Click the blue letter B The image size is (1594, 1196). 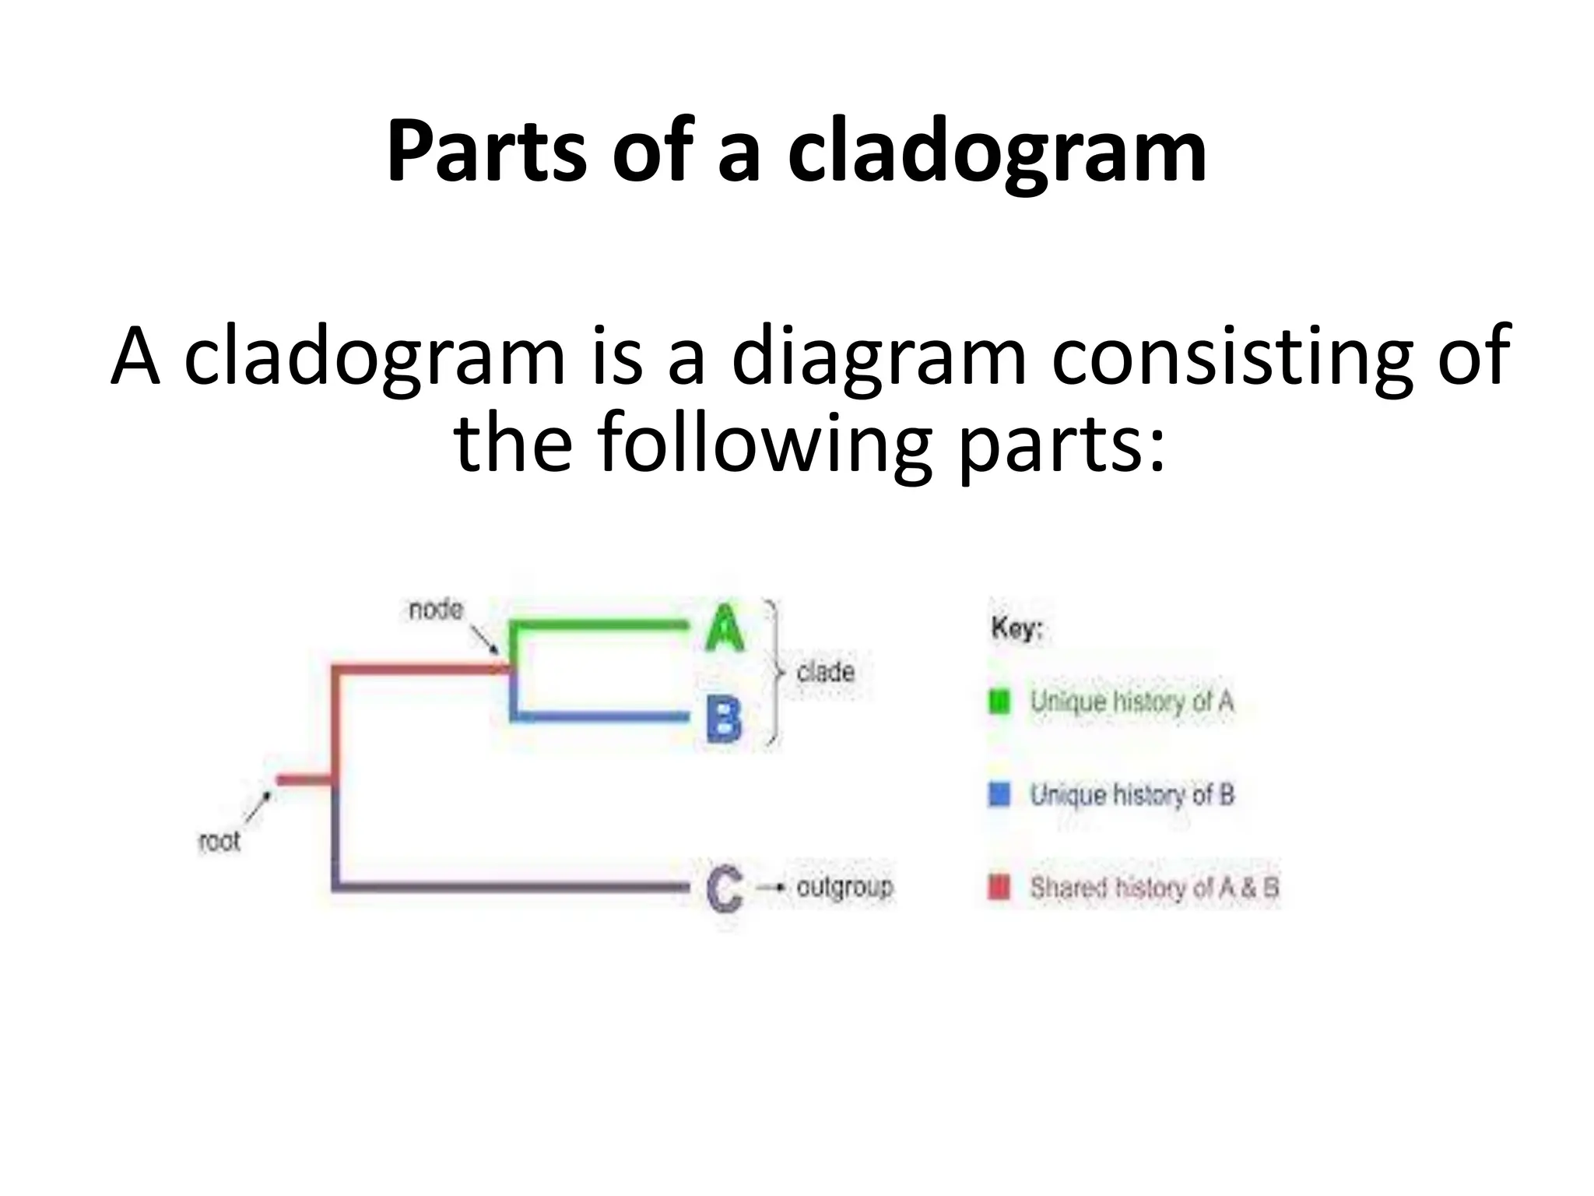(724, 718)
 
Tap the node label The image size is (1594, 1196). (436, 610)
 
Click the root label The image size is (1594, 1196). (219, 841)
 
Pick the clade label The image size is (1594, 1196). (825, 671)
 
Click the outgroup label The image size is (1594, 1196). (844, 887)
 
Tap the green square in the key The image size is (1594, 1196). (999, 702)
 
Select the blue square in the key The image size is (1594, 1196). (999, 795)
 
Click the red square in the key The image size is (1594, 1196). (999, 887)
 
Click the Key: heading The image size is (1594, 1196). (1016, 628)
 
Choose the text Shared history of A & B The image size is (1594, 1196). (1154, 888)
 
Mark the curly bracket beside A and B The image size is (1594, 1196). (774, 673)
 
